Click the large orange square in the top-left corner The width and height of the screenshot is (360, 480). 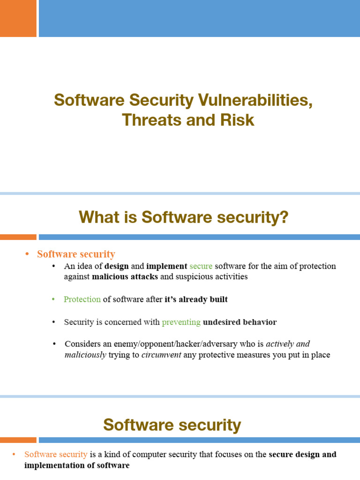click(18, 18)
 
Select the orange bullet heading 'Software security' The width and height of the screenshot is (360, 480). click(76, 254)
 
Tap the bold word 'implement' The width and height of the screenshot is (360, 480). click(166, 266)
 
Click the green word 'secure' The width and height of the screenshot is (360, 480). click(201, 266)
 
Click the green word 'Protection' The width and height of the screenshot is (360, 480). click(82, 300)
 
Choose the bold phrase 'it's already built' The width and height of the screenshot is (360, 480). click(196, 300)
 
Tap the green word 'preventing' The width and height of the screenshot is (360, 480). click(181, 322)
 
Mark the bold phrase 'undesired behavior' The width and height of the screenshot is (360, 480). click(240, 322)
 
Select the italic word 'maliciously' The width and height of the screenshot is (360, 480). click(85, 355)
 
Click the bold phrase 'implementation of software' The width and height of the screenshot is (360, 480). click(77, 465)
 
